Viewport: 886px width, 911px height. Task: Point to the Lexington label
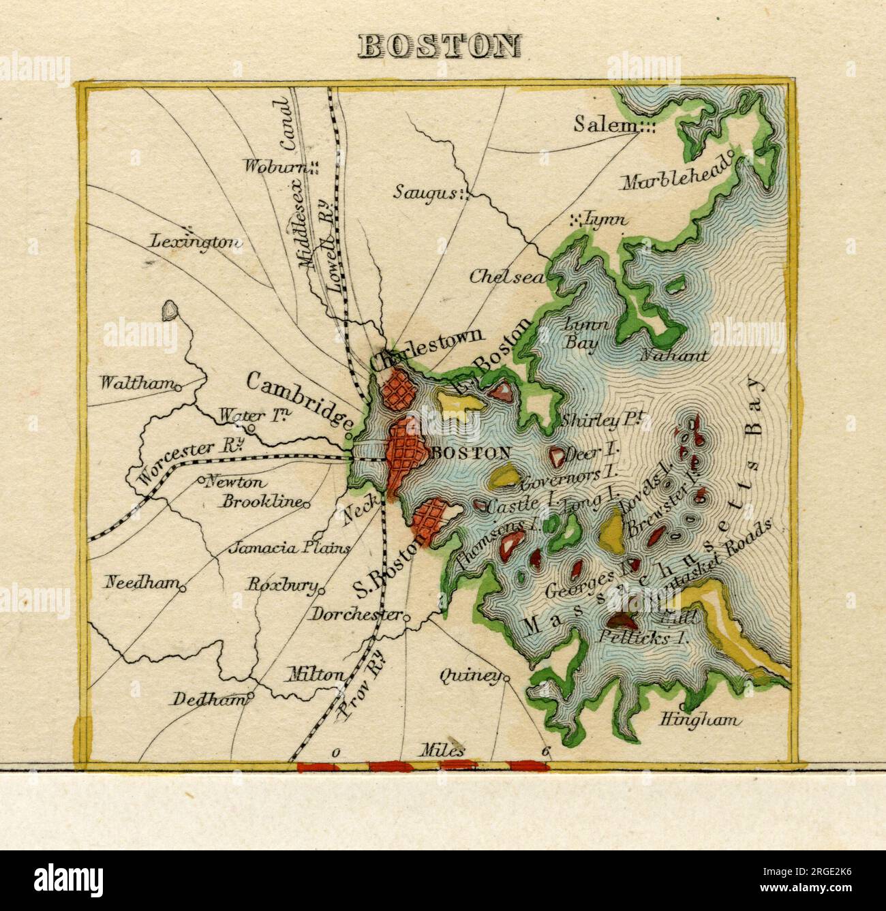(x=196, y=241)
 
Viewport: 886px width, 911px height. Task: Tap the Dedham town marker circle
(x=250, y=697)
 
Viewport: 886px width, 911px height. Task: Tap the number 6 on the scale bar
(x=546, y=752)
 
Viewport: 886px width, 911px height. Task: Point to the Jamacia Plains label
(x=290, y=548)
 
